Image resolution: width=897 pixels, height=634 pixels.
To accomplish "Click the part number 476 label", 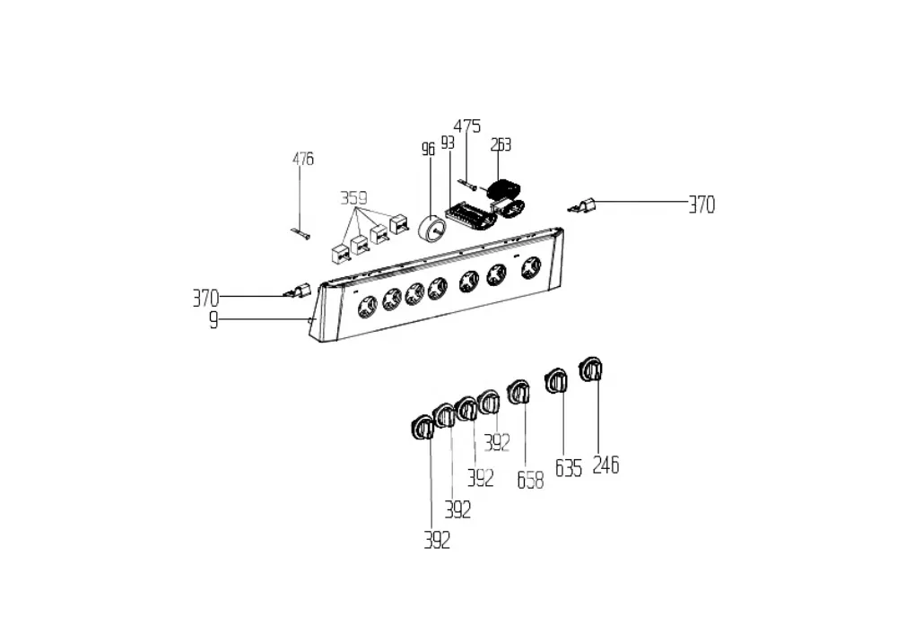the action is (303, 159).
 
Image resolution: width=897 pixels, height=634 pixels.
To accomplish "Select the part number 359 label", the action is (353, 198).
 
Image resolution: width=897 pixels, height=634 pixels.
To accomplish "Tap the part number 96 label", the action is (428, 149).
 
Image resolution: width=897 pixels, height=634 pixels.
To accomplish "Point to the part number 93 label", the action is (448, 143).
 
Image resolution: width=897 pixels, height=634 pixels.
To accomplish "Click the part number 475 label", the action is (467, 126).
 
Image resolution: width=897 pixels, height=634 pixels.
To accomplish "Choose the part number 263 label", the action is (501, 144).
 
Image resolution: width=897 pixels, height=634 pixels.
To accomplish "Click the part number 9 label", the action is (213, 320).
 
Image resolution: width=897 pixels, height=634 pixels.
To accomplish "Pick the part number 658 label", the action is (530, 481).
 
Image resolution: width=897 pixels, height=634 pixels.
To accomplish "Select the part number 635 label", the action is (569, 468).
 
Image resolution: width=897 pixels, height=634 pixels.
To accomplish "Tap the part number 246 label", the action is (605, 465).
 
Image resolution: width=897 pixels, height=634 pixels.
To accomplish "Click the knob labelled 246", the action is (591, 369).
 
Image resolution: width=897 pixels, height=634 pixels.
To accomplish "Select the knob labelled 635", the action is (556, 381).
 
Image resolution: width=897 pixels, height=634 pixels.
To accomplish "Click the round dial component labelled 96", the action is (433, 230).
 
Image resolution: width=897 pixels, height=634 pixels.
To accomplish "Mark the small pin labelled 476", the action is (300, 232).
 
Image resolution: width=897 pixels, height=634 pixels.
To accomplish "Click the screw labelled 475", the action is (467, 184).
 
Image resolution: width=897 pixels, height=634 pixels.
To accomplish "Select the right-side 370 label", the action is (701, 204).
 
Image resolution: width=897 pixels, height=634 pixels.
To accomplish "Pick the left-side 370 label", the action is (205, 299).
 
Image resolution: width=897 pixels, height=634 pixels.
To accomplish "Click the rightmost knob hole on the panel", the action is (531, 267).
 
